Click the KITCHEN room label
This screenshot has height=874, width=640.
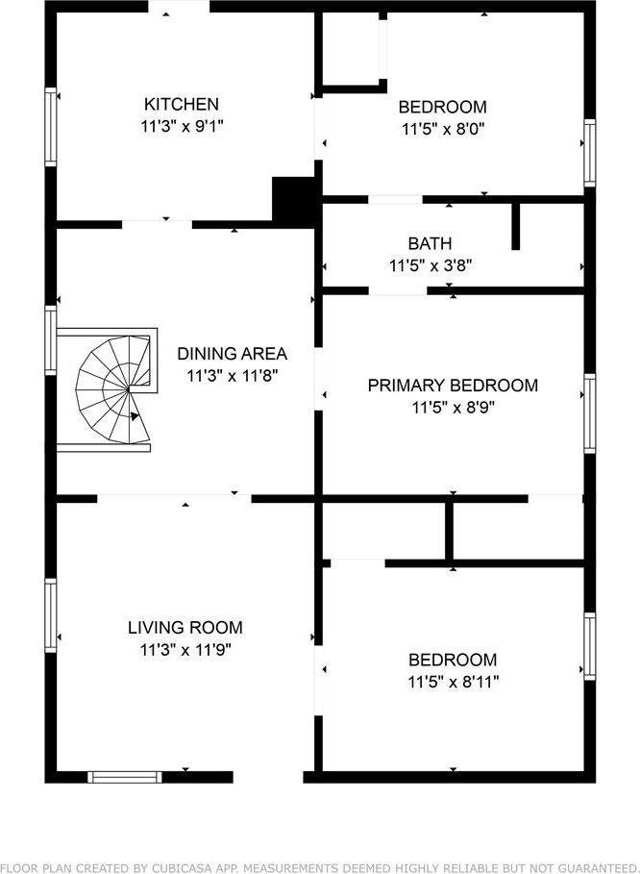(x=182, y=104)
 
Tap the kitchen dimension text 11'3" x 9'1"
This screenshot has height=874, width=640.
(x=182, y=127)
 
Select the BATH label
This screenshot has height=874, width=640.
(x=430, y=243)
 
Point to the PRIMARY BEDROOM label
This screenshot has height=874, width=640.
(x=453, y=386)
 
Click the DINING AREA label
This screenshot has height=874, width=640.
(x=233, y=354)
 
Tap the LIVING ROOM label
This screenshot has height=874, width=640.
(x=185, y=628)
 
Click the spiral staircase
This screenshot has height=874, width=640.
(x=114, y=389)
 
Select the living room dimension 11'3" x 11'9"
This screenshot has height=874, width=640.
(x=185, y=650)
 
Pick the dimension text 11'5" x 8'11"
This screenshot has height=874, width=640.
(x=453, y=682)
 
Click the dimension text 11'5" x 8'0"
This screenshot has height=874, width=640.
(x=443, y=129)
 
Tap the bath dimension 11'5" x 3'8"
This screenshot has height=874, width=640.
(x=431, y=266)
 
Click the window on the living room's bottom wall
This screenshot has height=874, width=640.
(x=125, y=777)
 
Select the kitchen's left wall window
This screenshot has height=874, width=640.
(x=51, y=127)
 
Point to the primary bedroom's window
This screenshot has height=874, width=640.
(x=589, y=413)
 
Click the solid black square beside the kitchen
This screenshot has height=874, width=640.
(x=293, y=202)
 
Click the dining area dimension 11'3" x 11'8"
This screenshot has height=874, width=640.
(x=233, y=376)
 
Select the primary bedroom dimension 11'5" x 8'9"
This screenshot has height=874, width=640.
(x=453, y=408)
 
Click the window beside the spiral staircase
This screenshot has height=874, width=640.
(x=51, y=340)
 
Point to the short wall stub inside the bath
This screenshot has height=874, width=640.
(x=516, y=226)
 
